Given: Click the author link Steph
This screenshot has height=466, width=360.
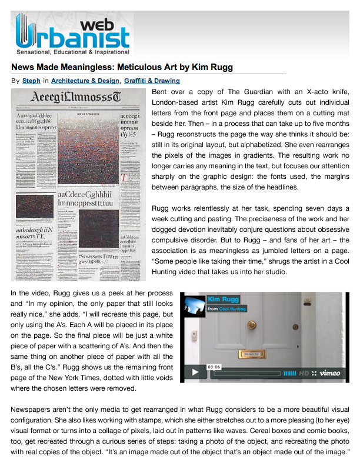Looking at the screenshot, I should (x=31, y=81).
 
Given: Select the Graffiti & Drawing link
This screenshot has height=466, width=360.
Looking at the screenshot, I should (x=152, y=81).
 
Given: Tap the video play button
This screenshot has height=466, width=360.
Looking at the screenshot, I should (x=194, y=372).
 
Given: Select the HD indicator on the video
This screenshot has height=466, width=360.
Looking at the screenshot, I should (x=304, y=373).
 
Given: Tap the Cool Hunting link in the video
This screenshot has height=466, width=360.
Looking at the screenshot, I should (x=234, y=308).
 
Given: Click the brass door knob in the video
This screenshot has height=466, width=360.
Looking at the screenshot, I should (x=252, y=324).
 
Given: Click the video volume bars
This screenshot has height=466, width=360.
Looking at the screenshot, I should (x=289, y=373).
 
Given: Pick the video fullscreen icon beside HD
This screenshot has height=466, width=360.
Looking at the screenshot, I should (x=315, y=373).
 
